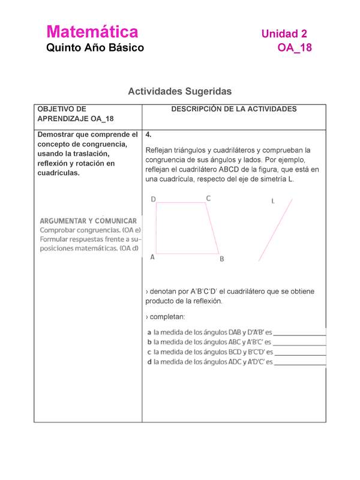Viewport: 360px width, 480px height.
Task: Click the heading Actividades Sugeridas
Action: click(179, 91)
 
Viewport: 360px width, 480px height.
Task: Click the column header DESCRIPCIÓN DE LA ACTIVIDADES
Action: click(234, 109)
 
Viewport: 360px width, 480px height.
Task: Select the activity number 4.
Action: click(148, 135)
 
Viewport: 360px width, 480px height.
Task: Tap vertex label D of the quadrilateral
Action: click(154, 199)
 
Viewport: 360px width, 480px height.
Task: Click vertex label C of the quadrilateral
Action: click(208, 198)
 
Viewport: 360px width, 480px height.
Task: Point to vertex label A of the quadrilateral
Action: click(152, 257)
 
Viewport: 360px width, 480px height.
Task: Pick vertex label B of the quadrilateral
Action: click(221, 259)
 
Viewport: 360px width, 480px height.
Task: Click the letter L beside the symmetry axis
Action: click(273, 202)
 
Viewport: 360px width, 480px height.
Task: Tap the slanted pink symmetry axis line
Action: click(275, 230)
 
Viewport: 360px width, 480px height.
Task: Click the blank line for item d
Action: click(299, 365)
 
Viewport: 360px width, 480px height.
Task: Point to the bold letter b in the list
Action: click(149, 342)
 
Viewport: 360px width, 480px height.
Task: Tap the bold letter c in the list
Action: click(149, 352)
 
